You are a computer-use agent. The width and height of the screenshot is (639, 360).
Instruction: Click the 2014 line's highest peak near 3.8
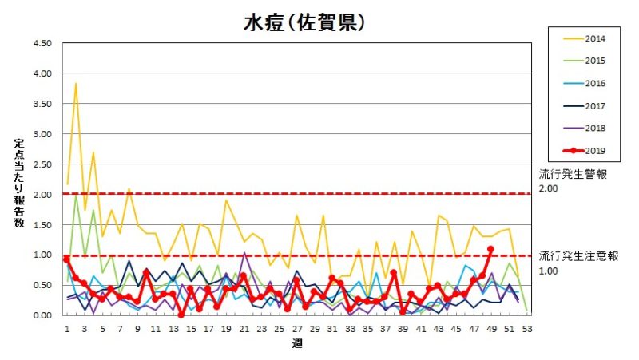tap(76, 83)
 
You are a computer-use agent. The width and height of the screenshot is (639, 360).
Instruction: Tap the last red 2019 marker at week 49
tap(490, 249)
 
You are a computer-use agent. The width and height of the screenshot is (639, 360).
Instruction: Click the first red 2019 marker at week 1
tap(66, 259)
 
